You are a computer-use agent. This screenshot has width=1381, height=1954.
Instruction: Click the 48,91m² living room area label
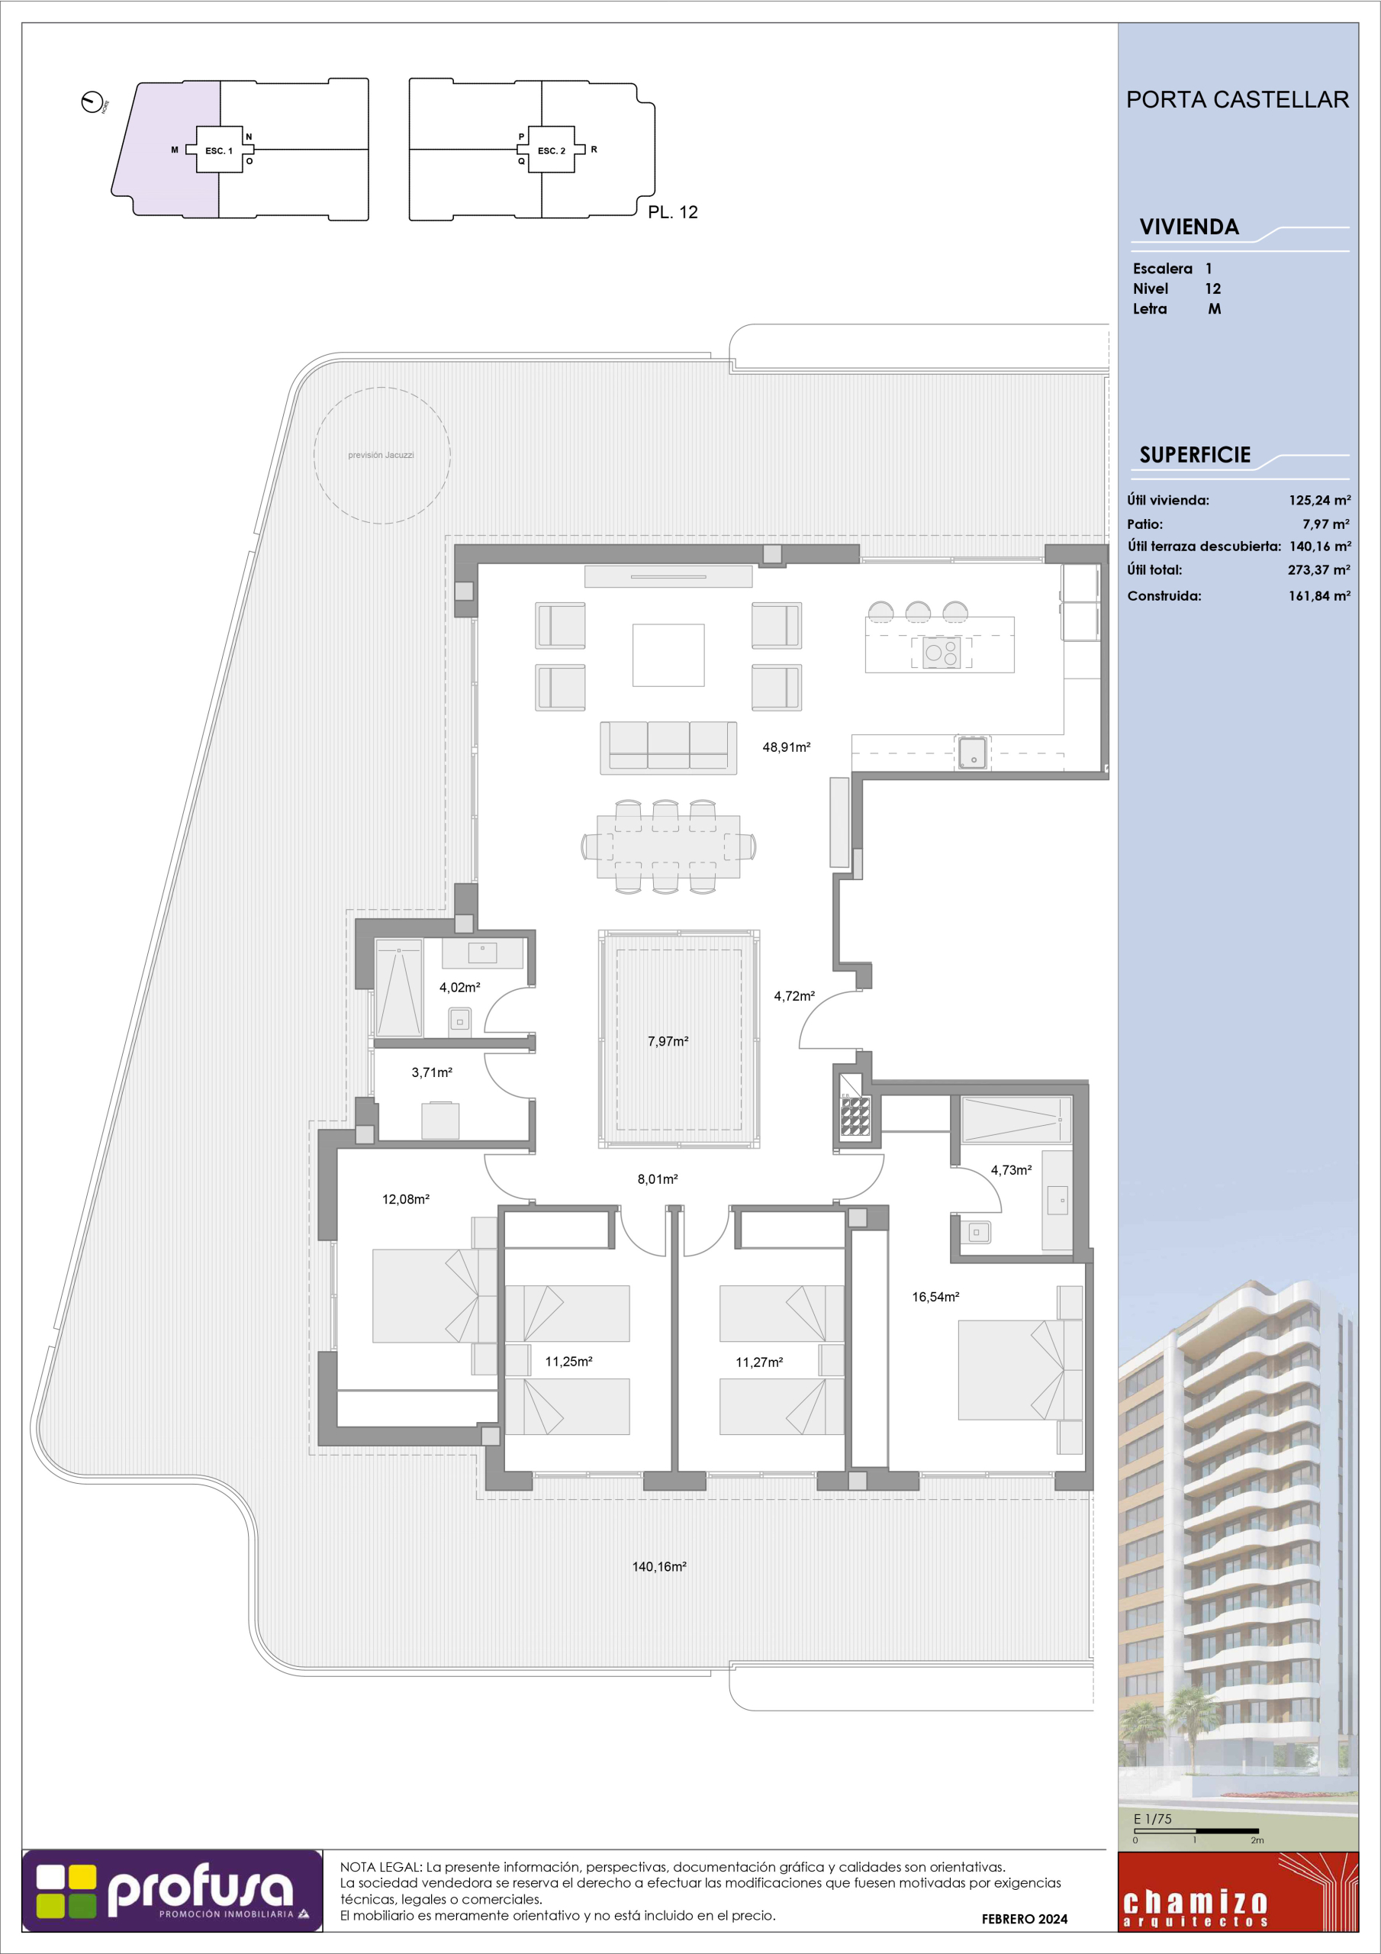785,747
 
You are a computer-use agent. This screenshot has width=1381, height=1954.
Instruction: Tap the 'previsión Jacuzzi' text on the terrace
381,456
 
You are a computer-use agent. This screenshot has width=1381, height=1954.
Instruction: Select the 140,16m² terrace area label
658,1566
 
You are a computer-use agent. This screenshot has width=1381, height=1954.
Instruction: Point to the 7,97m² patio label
667,1041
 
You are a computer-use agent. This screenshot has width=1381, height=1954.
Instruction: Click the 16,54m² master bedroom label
935,1297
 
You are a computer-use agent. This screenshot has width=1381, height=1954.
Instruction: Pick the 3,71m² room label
431,1072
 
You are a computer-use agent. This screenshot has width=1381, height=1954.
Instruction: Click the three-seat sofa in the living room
668,748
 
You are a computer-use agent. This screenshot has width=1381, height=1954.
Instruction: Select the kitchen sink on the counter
973,753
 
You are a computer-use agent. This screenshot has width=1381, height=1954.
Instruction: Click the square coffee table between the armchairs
668,654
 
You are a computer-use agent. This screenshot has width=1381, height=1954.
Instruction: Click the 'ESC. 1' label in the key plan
219,150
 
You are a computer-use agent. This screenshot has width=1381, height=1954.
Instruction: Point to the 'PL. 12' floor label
672,212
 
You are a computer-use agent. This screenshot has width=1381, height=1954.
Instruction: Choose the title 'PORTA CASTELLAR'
1238,99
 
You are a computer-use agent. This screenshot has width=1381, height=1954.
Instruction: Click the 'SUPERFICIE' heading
1195,456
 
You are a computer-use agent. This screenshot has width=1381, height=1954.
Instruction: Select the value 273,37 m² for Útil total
1318,570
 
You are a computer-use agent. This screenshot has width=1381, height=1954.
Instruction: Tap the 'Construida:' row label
1164,595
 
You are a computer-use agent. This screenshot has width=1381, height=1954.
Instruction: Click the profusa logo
172,1902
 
